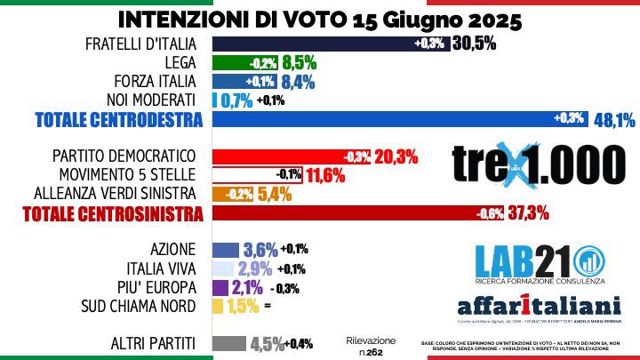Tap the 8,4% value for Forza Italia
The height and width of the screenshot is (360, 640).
pos(301,82)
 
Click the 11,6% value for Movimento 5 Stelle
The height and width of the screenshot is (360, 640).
pos(325,174)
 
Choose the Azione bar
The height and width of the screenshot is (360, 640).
pos(225,250)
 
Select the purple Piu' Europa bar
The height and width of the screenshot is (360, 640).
pos(221,287)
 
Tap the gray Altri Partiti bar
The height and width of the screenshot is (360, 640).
pos(228,343)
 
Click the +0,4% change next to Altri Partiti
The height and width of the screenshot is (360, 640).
pos(300,344)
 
